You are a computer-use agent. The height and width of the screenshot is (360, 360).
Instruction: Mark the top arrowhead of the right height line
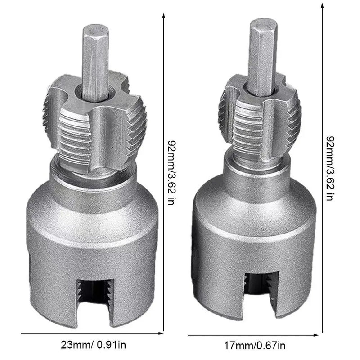pos(322,6)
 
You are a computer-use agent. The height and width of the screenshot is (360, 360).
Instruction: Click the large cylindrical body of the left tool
pos(92,234)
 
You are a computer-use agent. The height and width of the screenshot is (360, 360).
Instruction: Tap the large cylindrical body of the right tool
pos(254,225)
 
